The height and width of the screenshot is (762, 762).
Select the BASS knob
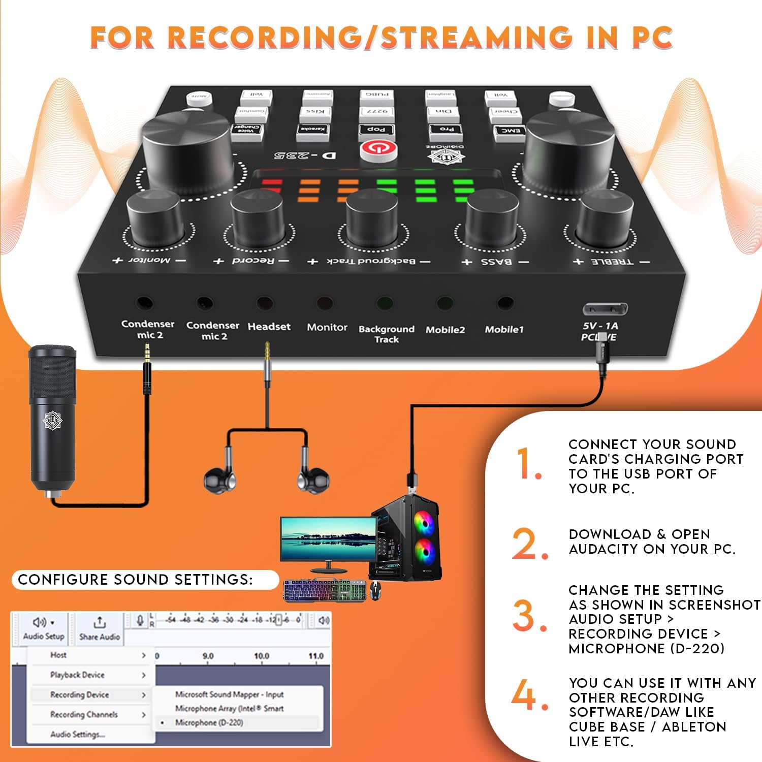click(x=492, y=218)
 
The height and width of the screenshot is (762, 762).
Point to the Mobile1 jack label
click(x=503, y=330)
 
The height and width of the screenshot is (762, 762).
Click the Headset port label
click(x=269, y=327)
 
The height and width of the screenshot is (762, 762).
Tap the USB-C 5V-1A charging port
click(x=605, y=308)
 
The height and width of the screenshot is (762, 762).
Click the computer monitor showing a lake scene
click(x=328, y=539)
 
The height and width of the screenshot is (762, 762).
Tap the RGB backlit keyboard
click(x=324, y=591)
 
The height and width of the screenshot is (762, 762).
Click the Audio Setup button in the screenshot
click(x=44, y=629)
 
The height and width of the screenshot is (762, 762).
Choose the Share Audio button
click(x=100, y=629)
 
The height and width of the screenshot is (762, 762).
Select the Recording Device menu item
click(x=80, y=695)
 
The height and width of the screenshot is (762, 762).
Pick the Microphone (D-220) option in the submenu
click(x=209, y=722)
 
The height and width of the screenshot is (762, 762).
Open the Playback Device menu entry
click(x=77, y=675)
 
